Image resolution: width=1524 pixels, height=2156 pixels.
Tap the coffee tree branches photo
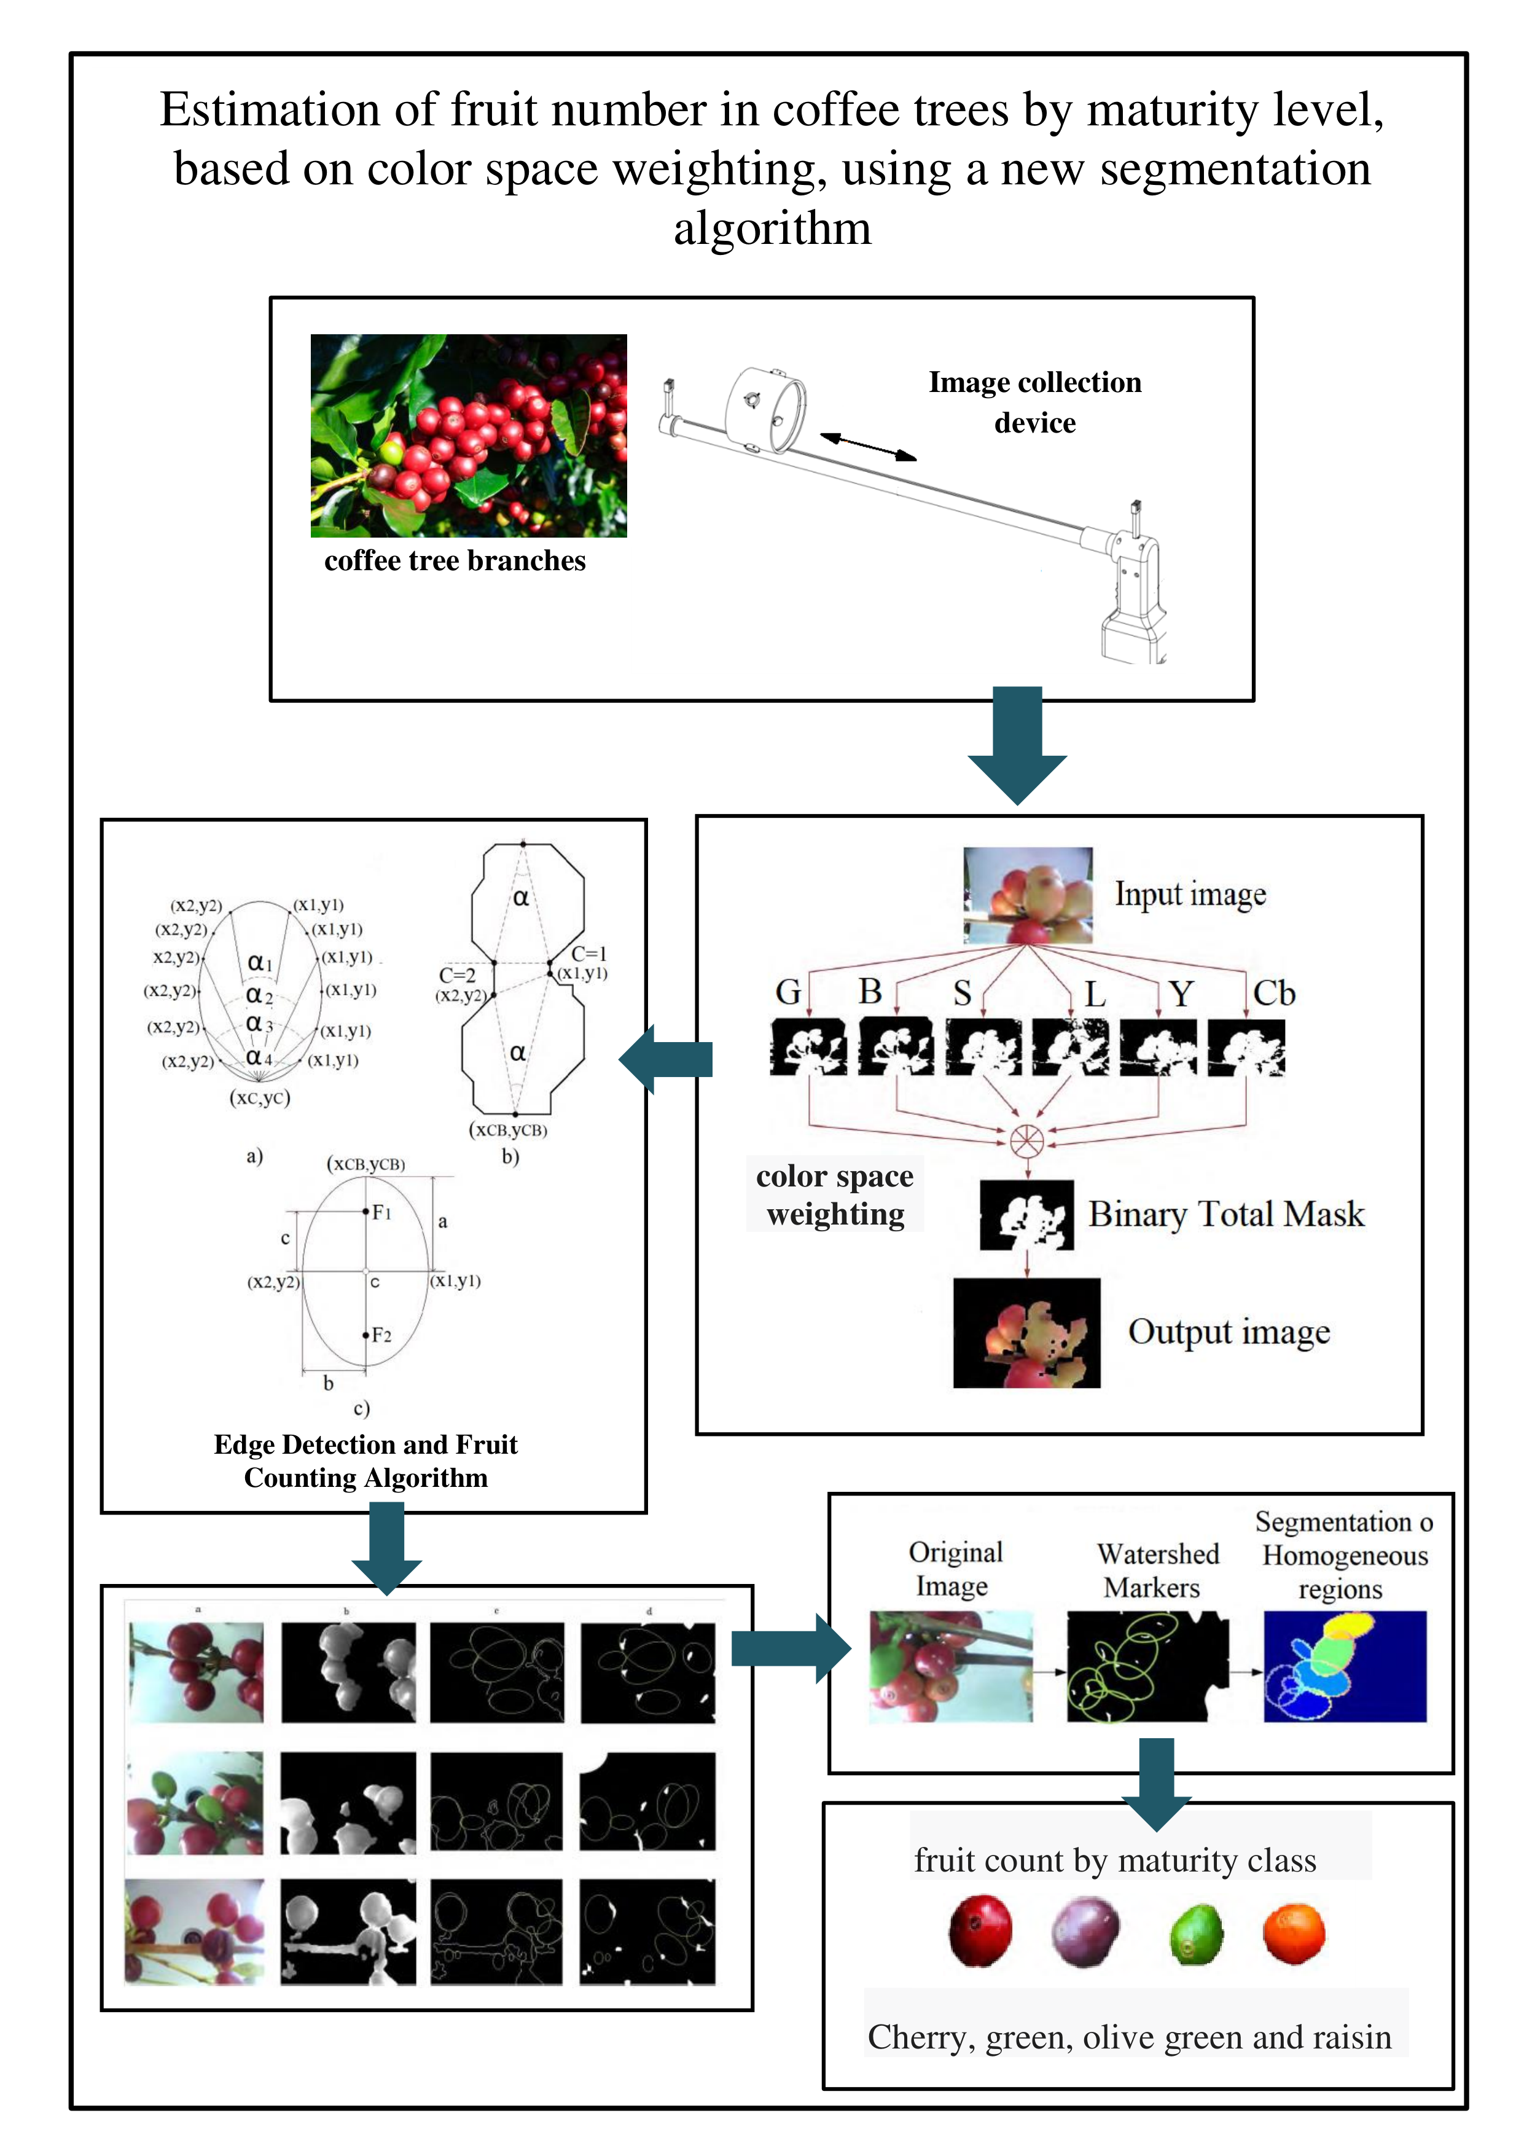[x=469, y=435]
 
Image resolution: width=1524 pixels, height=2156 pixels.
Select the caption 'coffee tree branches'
[x=455, y=560]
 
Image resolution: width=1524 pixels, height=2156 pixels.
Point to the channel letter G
[x=788, y=992]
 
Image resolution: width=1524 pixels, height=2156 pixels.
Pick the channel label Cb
[x=1273, y=992]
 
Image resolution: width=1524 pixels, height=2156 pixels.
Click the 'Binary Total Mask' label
[x=1225, y=1213]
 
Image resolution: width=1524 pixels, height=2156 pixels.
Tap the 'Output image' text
[x=1228, y=1331]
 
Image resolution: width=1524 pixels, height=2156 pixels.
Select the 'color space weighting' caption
[x=835, y=1194]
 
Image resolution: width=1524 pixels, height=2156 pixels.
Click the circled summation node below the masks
[x=1027, y=1140]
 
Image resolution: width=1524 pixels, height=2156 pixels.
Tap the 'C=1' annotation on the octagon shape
[x=588, y=953]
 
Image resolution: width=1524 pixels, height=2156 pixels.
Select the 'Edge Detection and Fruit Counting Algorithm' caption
[x=365, y=1460]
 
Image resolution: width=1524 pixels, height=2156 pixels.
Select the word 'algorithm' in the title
[x=772, y=228]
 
